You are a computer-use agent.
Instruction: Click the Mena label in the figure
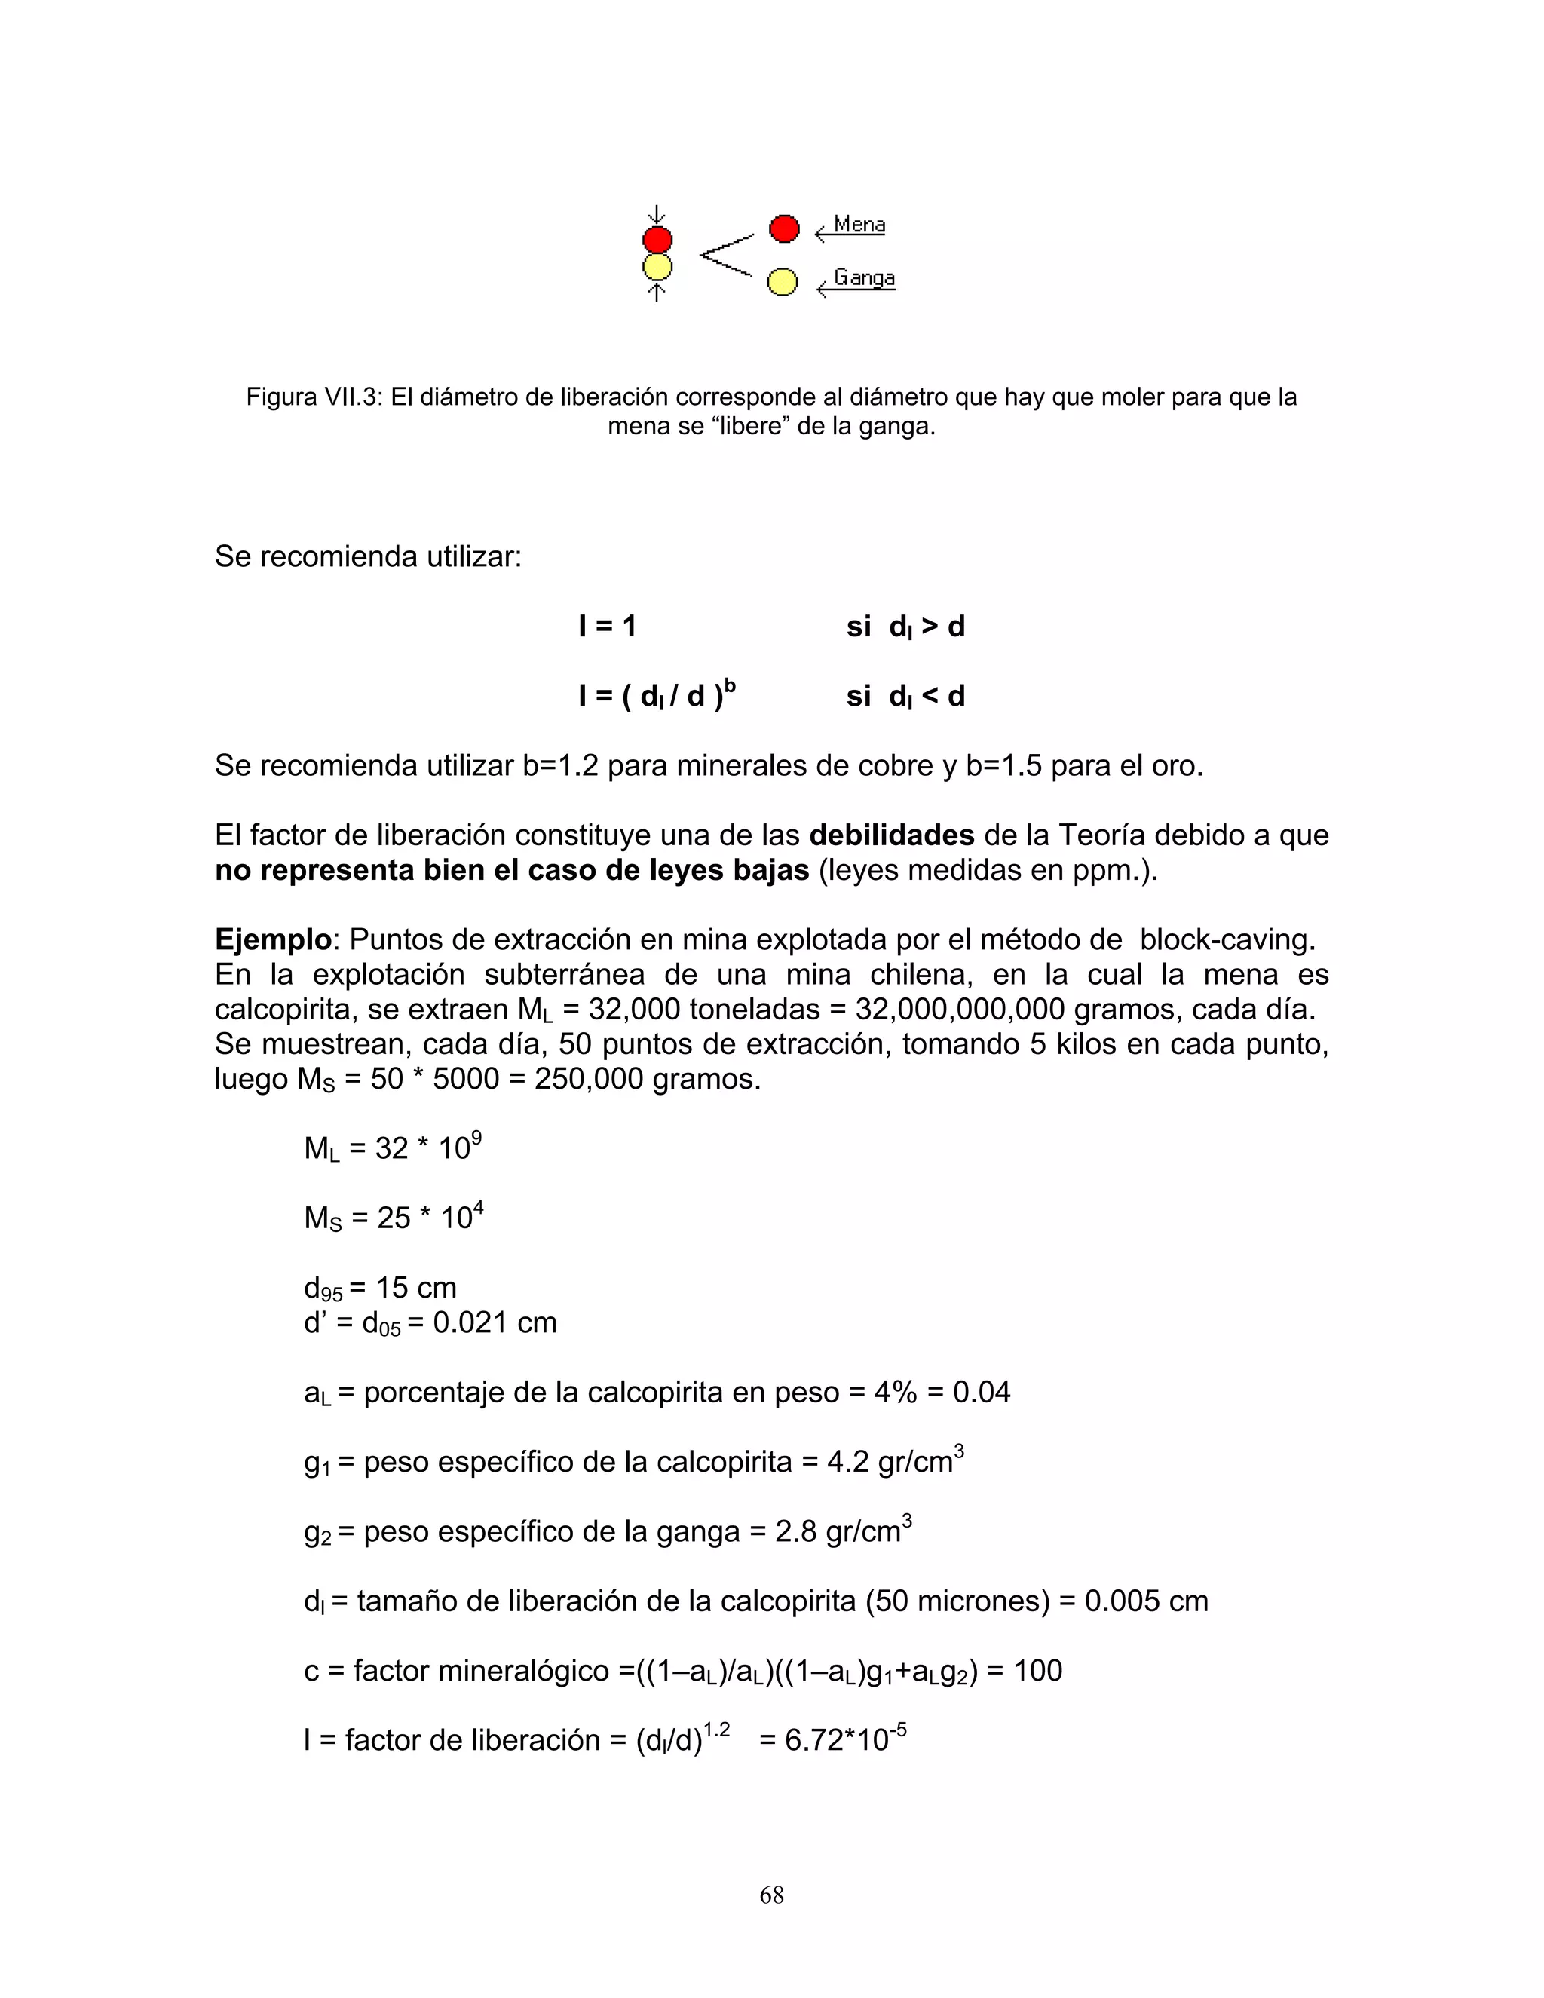click(x=859, y=225)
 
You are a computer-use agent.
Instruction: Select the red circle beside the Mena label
click(x=784, y=228)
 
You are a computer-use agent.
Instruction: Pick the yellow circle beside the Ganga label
click(x=781, y=282)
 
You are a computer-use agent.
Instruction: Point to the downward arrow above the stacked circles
click(x=656, y=215)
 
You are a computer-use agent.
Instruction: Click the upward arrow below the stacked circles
click(x=656, y=291)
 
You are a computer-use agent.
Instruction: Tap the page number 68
click(x=771, y=1895)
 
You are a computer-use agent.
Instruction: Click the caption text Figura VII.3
click(x=313, y=398)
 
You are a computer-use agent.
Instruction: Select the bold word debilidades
click(x=892, y=835)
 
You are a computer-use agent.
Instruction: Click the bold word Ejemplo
click(x=273, y=939)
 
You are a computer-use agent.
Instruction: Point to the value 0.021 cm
click(x=494, y=1323)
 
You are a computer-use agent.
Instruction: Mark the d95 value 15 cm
click(x=416, y=1288)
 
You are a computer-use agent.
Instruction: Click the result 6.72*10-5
click(x=832, y=1739)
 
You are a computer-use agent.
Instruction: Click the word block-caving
click(x=1227, y=939)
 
